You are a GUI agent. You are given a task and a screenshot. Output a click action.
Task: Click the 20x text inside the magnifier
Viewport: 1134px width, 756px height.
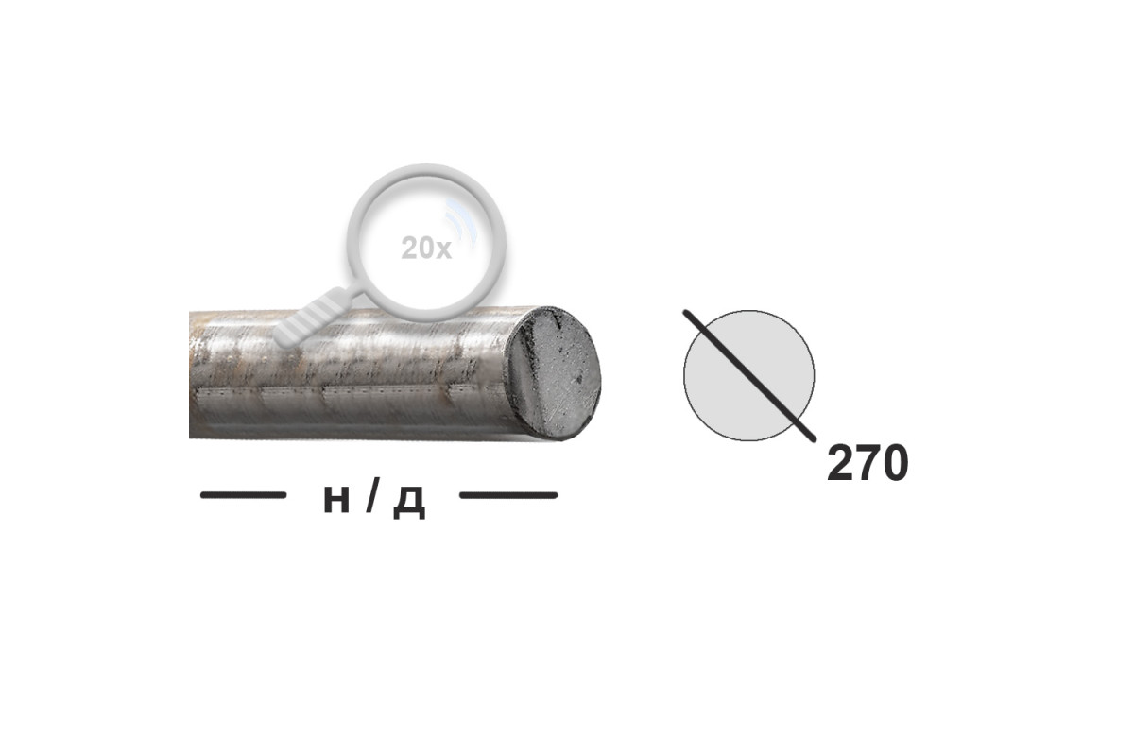[x=426, y=249]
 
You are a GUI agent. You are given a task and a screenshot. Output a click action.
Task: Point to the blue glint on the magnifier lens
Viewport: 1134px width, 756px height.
[x=460, y=224]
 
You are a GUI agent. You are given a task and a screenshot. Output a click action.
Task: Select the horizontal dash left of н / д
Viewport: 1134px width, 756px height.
[x=244, y=495]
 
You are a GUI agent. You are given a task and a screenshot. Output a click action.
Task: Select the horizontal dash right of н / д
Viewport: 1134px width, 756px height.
[x=508, y=495]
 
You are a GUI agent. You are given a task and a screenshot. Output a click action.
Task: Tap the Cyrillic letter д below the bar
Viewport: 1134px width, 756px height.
[x=409, y=503]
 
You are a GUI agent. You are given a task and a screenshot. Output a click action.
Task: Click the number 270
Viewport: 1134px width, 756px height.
[x=868, y=463]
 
